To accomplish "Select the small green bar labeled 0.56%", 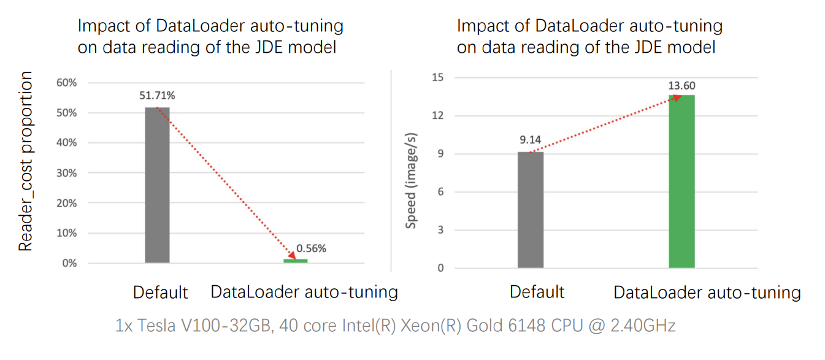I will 295,261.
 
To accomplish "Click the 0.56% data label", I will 311,248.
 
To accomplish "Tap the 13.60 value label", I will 682,85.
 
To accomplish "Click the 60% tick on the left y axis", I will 66,83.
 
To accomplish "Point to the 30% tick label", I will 66,173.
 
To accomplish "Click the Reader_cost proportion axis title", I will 25,161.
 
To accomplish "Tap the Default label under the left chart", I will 160,293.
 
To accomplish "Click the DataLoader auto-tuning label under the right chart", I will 707,293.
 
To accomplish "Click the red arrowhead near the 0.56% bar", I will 291,254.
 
